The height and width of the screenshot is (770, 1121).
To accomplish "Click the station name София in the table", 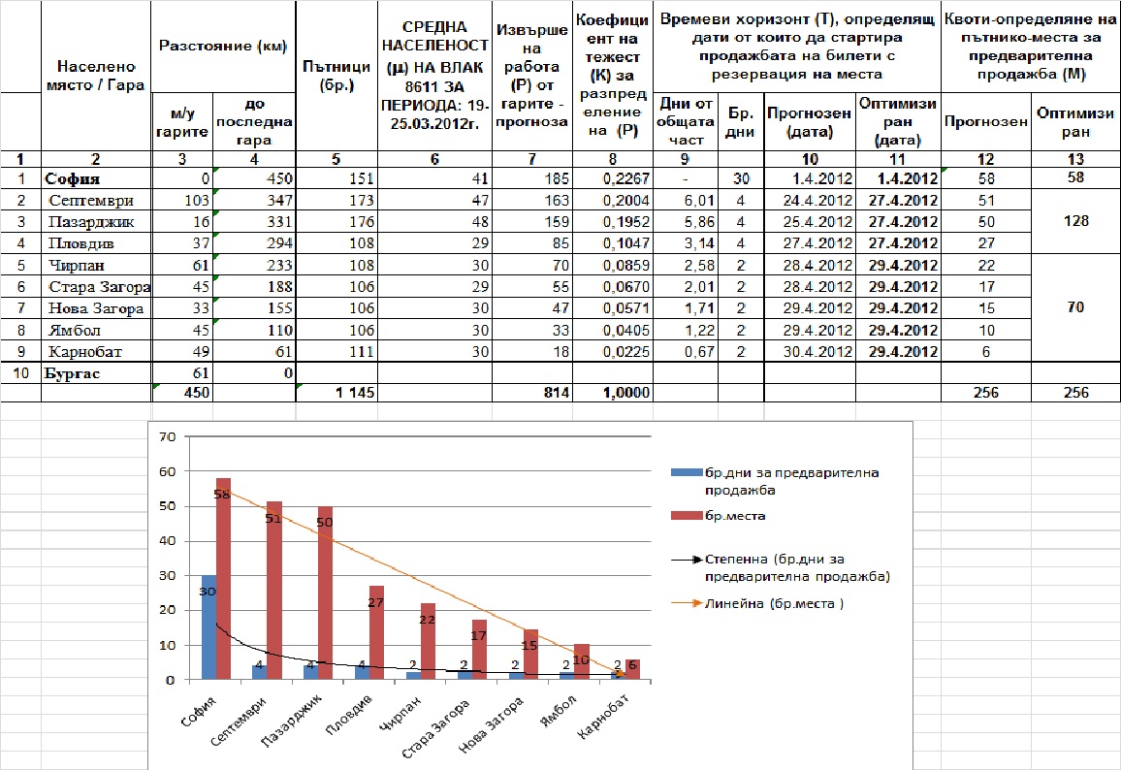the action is pyautogui.click(x=72, y=178).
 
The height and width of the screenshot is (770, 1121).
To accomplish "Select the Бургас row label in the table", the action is pyautogui.click(x=72, y=373).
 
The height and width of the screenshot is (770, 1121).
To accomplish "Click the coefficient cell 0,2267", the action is pyautogui.click(x=625, y=178).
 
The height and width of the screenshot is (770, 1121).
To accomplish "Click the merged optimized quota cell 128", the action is pyautogui.click(x=1076, y=221).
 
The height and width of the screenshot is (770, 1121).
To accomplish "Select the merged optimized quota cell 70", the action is pyautogui.click(x=1076, y=307).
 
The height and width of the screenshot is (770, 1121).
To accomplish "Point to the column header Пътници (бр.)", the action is pyautogui.click(x=336, y=76).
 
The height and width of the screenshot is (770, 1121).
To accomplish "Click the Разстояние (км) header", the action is pyautogui.click(x=223, y=47).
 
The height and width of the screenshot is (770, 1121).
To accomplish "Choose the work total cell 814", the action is pyautogui.click(x=557, y=393).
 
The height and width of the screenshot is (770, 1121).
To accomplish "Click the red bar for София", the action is pyautogui.click(x=223, y=578).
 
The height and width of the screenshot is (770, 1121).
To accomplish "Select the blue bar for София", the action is pyautogui.click(x=208, y=627).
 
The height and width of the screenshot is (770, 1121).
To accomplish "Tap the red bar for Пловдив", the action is pyautogui.click(x=377, y=632).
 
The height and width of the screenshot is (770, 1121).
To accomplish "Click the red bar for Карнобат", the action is pyautogui.click(x=632, y=669).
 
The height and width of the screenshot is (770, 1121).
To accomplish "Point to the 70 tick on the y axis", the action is pyautogui.click(x=168, y=436).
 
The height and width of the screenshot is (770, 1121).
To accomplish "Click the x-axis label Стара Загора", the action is pyautogui.click(x=435, y=728).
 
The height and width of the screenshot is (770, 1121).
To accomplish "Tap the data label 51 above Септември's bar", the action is pyautogui.click(x=273, y=518).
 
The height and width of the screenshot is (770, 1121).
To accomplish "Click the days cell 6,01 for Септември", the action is pyautogui.click(x=699, y=201).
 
